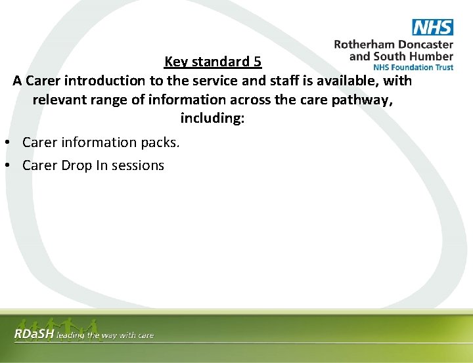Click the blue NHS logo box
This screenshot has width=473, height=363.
click(x=432, y=27)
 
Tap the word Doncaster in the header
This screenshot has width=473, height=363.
click(x=428, y=45)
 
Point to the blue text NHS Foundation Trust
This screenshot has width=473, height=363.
click(x=413, y=67)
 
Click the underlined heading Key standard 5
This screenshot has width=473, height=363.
click(x=213, y=62)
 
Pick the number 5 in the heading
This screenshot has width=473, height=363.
click(x=258, y=62)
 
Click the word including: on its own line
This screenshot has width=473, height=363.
click(x=212, y=119)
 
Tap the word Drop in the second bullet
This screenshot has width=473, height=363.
click(x=77, y=165)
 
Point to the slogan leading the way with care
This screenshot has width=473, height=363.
click(x=105, y=335)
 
